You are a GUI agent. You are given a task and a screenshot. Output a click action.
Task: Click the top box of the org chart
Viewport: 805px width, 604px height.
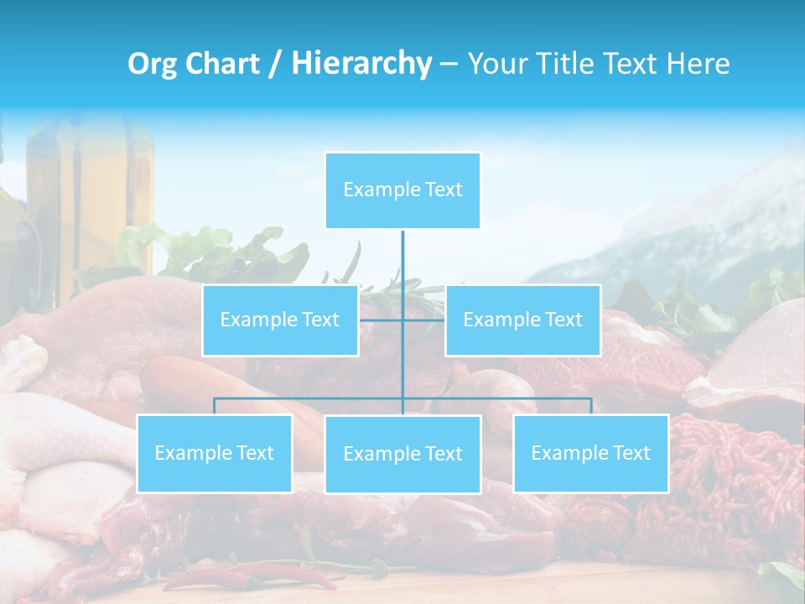(402, 190)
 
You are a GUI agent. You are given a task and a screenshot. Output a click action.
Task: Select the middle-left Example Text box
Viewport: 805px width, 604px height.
(279, 320)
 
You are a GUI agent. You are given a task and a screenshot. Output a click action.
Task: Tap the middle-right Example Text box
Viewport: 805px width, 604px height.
(522, 320)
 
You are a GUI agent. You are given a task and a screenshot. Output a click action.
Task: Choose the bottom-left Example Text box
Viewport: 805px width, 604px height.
(214, 453)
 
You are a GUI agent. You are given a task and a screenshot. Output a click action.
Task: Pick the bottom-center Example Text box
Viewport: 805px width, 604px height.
(402, 454)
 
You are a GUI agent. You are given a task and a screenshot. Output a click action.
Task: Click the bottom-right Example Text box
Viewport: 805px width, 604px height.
(590, 453)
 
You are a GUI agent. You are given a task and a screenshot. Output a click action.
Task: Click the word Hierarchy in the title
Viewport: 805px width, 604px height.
(361, 63)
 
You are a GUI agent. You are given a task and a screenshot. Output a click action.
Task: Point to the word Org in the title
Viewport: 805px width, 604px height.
(152, 64)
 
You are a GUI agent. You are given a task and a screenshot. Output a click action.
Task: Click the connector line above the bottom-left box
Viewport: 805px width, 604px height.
(214, 406)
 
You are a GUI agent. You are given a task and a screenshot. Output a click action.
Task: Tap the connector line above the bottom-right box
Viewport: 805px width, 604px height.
(590, 406)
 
